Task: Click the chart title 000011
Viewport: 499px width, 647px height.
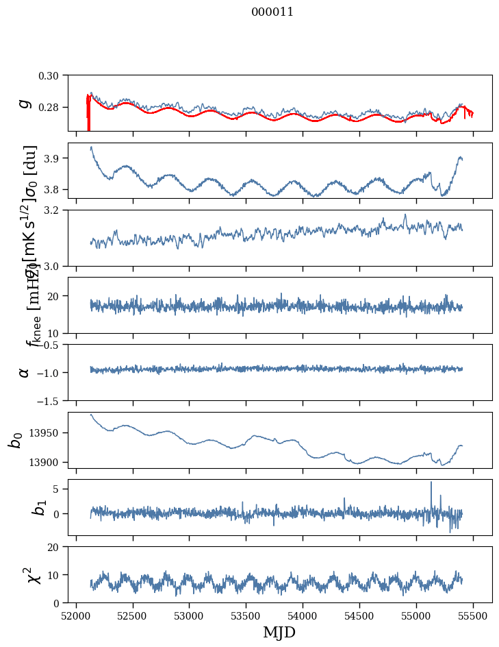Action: click(272, 12)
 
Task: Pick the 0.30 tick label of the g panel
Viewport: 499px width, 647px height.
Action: click(52, 75)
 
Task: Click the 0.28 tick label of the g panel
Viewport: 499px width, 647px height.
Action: click(52, 108)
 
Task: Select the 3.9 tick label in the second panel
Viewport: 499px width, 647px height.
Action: click(56, 158)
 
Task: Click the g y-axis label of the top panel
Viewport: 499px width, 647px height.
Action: click(25, 103)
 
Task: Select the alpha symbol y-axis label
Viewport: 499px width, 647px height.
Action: click(25, 372)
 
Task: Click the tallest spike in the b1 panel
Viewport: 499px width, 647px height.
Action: click(431, 483)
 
